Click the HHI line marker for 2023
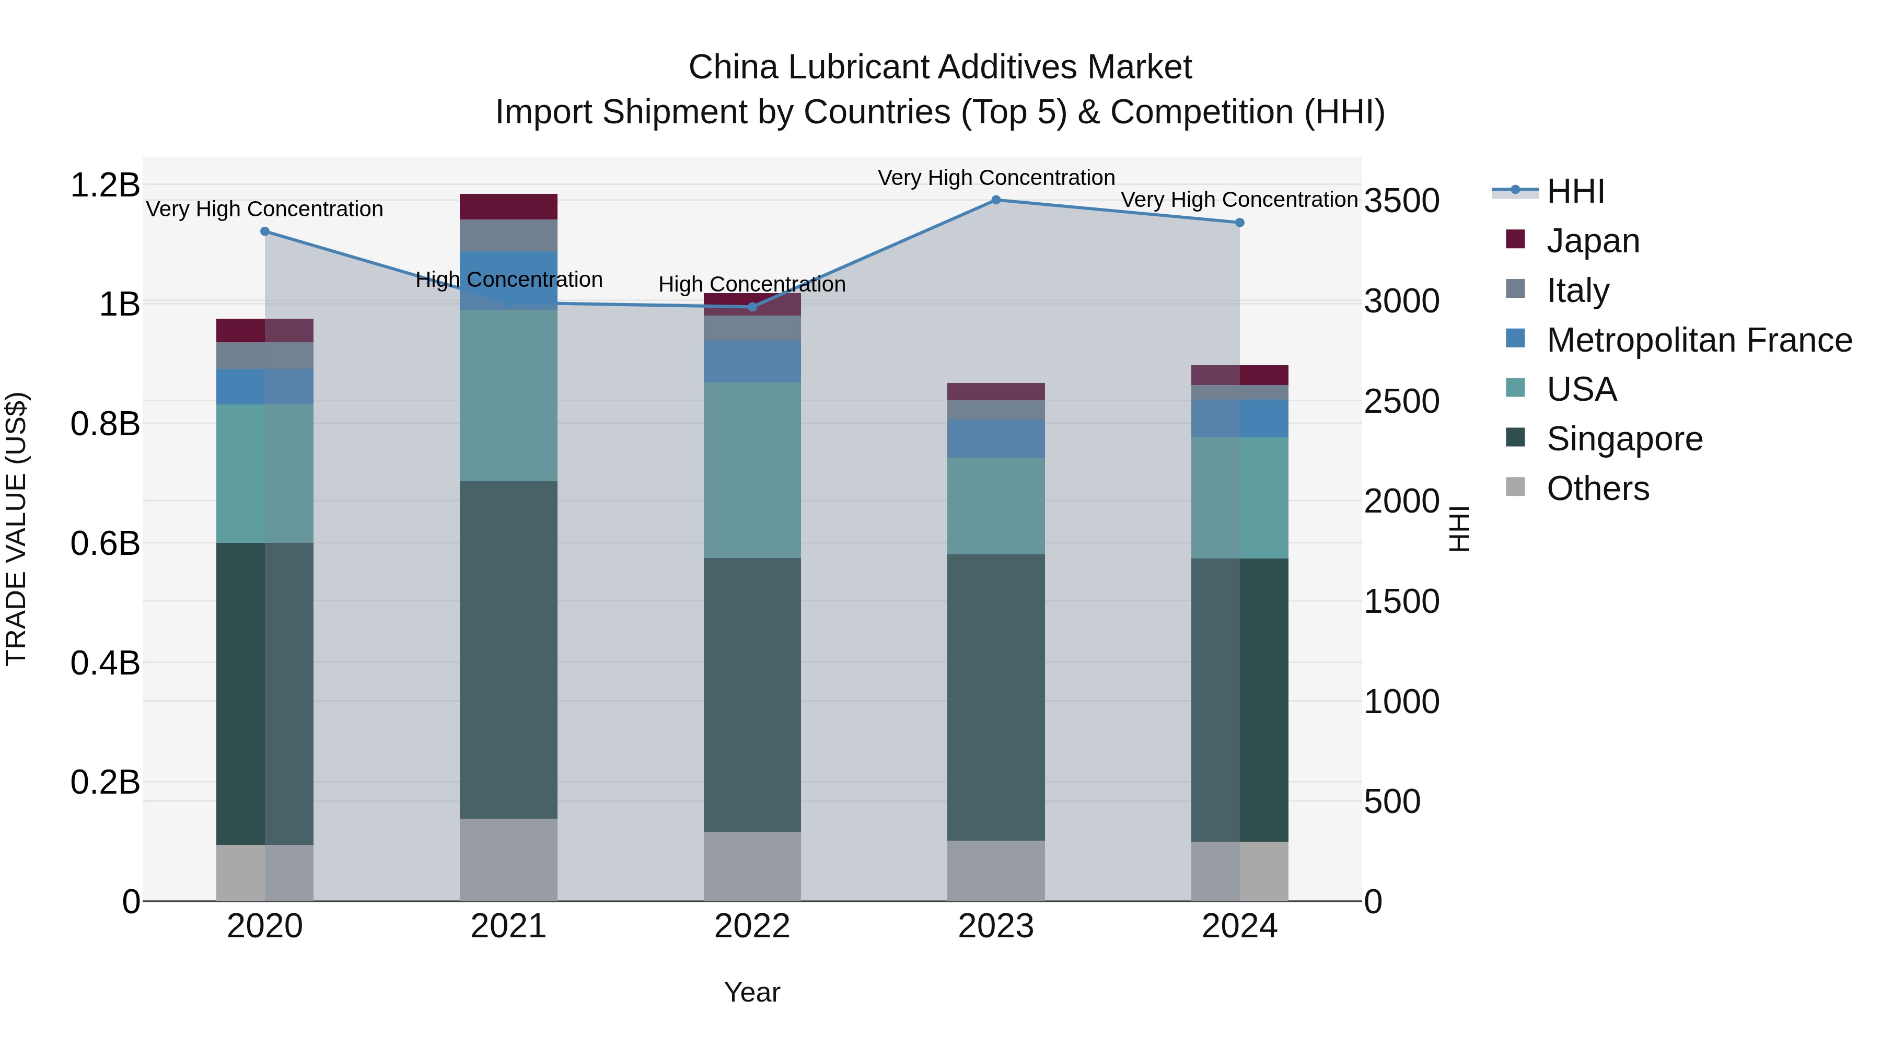(995, 200)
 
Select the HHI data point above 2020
(265, 231)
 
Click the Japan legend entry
(1592, 240)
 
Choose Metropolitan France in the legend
(1699, 340)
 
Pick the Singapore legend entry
(1624, 439)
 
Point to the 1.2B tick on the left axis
(105, 185)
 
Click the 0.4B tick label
(105, 663)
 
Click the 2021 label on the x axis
(508, 926)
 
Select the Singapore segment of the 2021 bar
(508, 650)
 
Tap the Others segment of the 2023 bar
(995, 870)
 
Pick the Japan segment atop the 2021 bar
(508, 206)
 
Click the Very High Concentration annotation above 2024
(1239, 200)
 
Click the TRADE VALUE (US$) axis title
(16, 529)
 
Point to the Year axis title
(752, 992)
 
